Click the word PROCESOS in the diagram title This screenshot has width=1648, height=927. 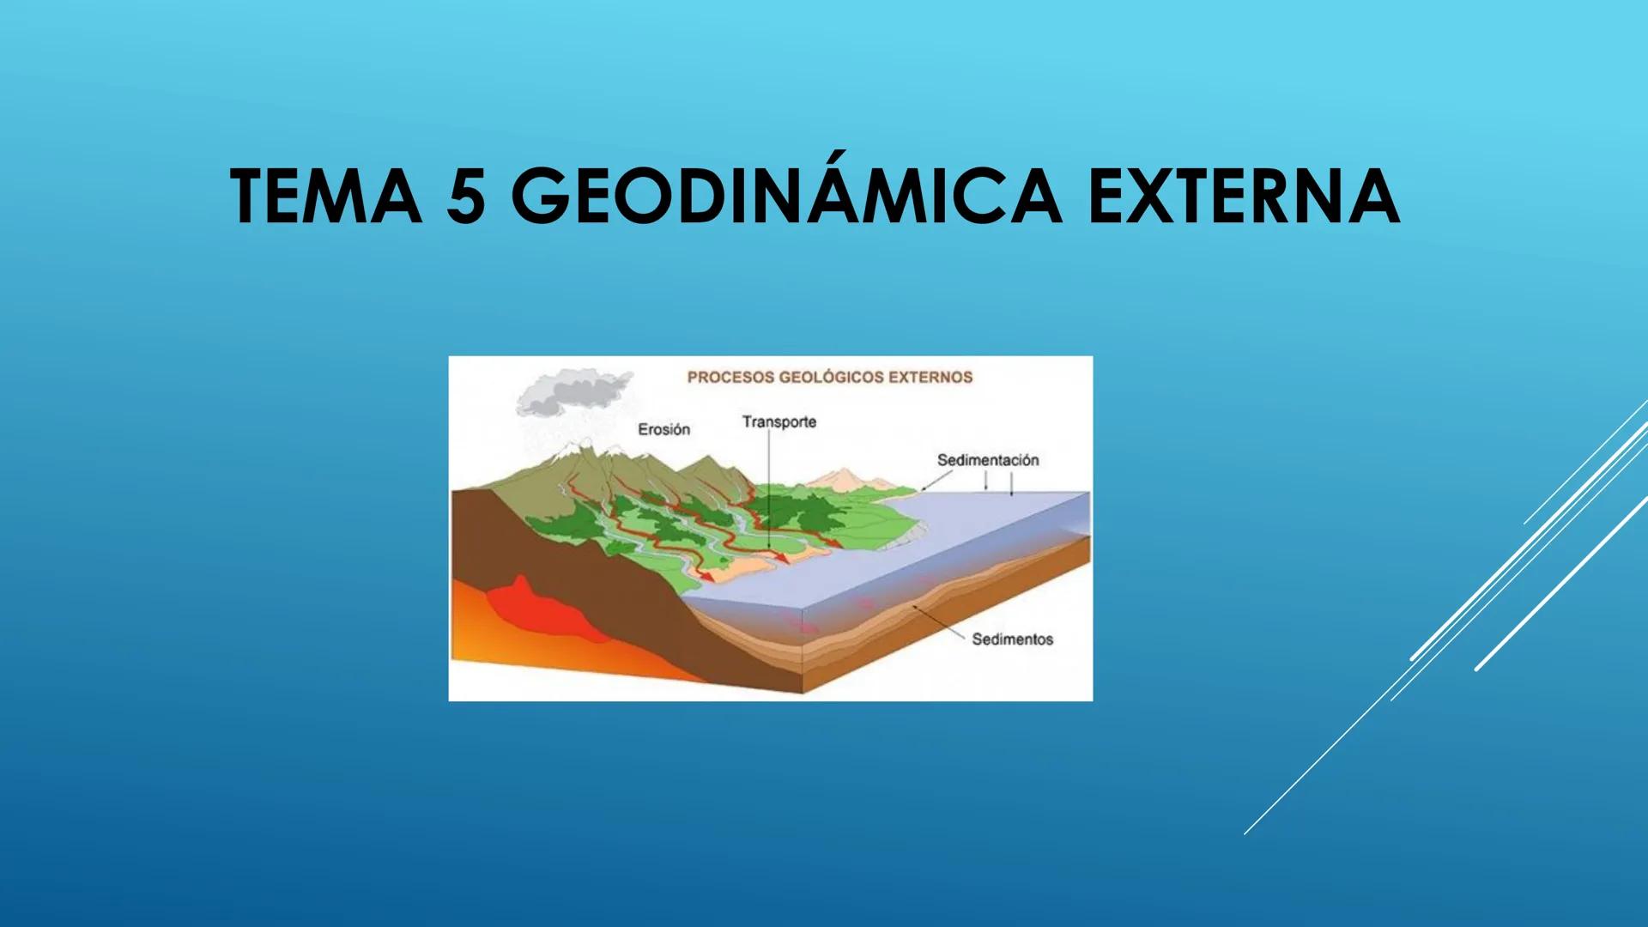[x=731, y=377]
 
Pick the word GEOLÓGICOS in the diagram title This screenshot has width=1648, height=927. [x=838, y=377]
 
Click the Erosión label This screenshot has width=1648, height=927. [x=663, y=429]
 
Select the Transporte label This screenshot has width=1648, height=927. [x=779, y=421]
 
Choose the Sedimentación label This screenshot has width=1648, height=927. [x=987, y=460]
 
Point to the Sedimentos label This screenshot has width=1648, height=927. [x=1012, y=639]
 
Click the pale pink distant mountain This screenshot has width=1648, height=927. [x=845, y=478]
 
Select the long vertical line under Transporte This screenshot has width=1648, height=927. [x=768, y=489]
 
